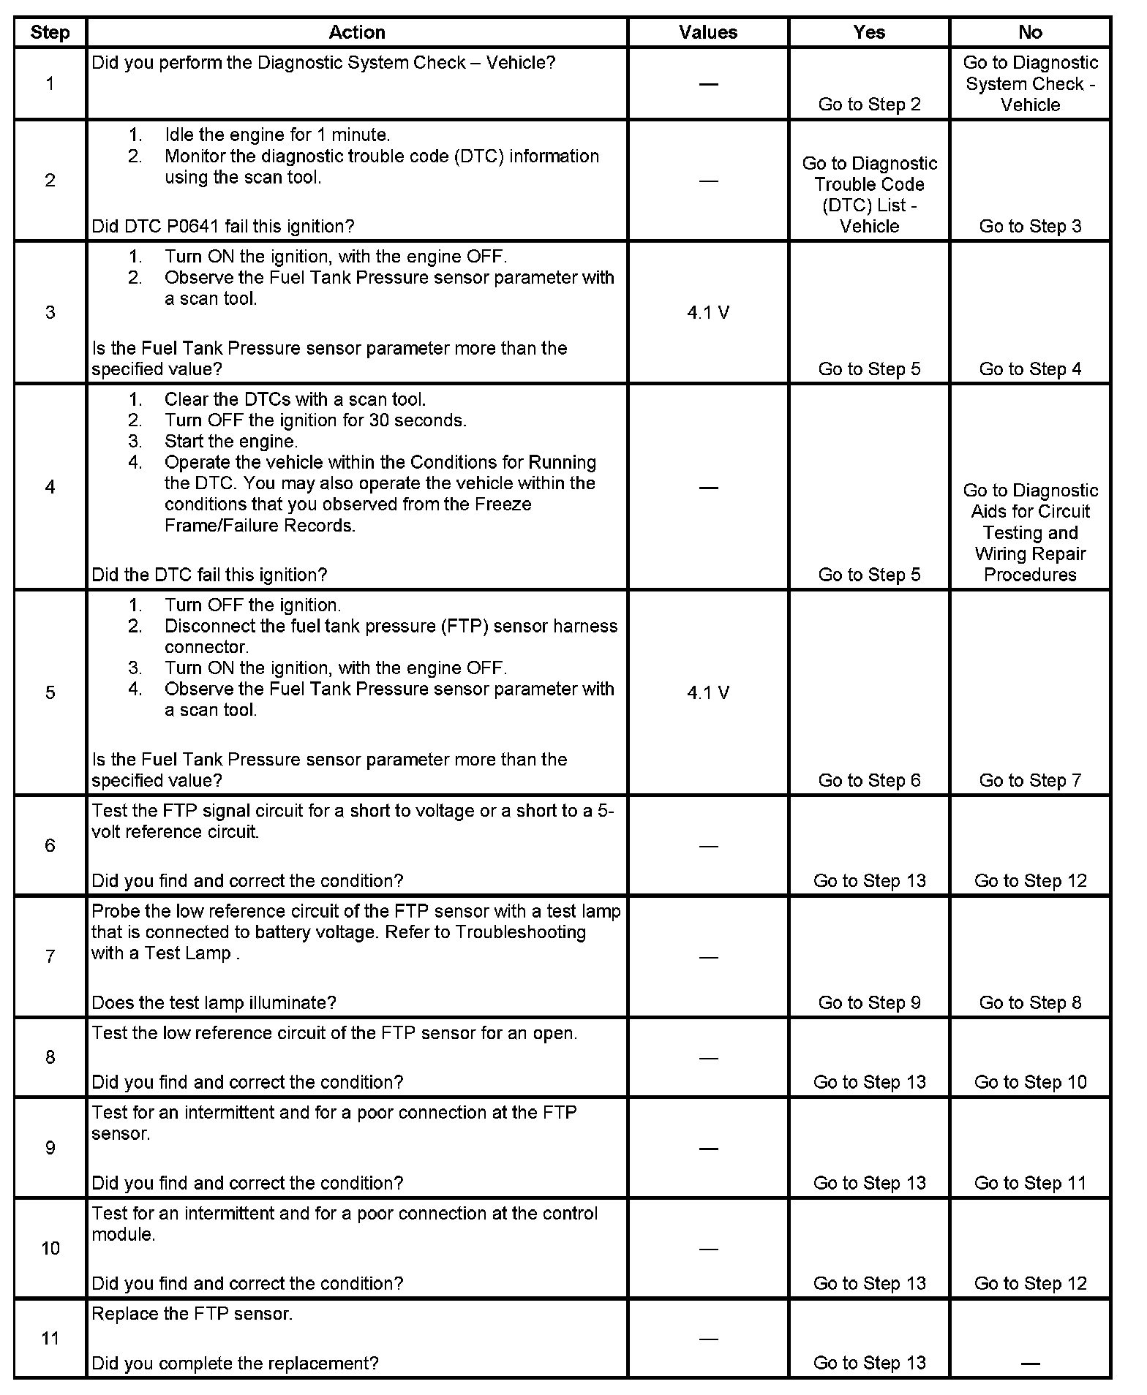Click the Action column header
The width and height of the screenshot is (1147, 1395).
point(356,32)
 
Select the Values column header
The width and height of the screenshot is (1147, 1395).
point(707,32)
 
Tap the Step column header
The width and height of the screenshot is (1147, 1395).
point(50,32)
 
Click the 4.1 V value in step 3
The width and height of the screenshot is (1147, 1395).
point(707,313)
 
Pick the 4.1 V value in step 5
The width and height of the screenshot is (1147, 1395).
point(707,692)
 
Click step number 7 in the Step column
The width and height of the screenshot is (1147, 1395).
point(50,956)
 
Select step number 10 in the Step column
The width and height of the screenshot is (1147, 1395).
point(50,1248)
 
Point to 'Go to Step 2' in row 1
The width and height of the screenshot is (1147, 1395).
point(869,105)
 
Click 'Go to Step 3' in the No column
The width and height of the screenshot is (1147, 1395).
point(1030,227)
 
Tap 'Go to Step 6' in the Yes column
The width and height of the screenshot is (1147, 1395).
point(869,781)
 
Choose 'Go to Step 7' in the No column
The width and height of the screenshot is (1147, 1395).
point(1030,781)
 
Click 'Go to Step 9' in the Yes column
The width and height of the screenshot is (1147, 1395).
point(869,1003)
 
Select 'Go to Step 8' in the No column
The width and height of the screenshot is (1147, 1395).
point(1030,1003)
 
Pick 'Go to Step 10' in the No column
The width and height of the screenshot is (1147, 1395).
point(1030,1082)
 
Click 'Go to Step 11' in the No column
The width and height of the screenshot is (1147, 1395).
point(1030,1183)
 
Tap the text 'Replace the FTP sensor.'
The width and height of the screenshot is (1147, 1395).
point(192,1314)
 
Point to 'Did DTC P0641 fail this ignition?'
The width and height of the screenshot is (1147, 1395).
point(222,227)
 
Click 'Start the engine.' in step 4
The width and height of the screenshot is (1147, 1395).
point(230,442)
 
